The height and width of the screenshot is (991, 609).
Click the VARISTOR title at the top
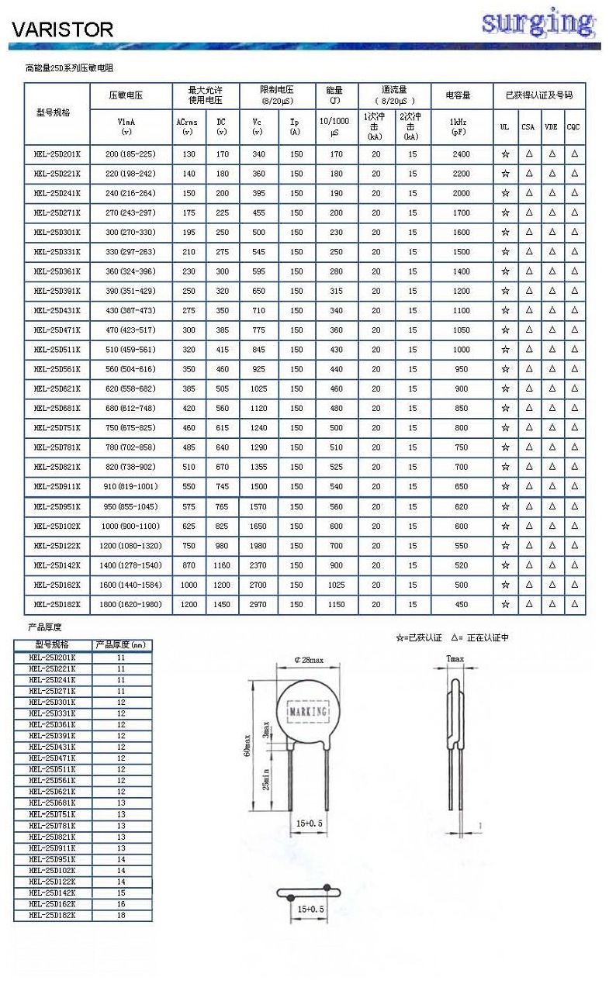tap(62, 29)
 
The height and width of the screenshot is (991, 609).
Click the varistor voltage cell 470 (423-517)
tap(130, 330)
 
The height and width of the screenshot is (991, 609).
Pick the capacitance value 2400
tap(461, 154)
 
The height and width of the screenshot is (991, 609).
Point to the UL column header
tap(505, 126)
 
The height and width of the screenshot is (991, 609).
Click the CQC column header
tap(573, 126)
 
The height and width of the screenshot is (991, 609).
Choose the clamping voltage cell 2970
tap(258, 604)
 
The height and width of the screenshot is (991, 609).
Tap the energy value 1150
tap(335, 604)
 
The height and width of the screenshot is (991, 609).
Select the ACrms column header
tap(187, 126)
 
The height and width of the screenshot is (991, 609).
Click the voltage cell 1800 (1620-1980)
tap(130, 604)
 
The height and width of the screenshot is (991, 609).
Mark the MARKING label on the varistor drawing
tap(308, 710)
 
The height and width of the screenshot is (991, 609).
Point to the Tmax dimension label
tap(455, 659)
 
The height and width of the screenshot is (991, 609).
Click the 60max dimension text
tap(247, 748)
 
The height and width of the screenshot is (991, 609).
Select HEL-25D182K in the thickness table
tap(52, 915)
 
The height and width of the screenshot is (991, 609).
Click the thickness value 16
tap(121, 904)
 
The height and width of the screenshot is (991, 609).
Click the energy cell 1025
tap(335, 585)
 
